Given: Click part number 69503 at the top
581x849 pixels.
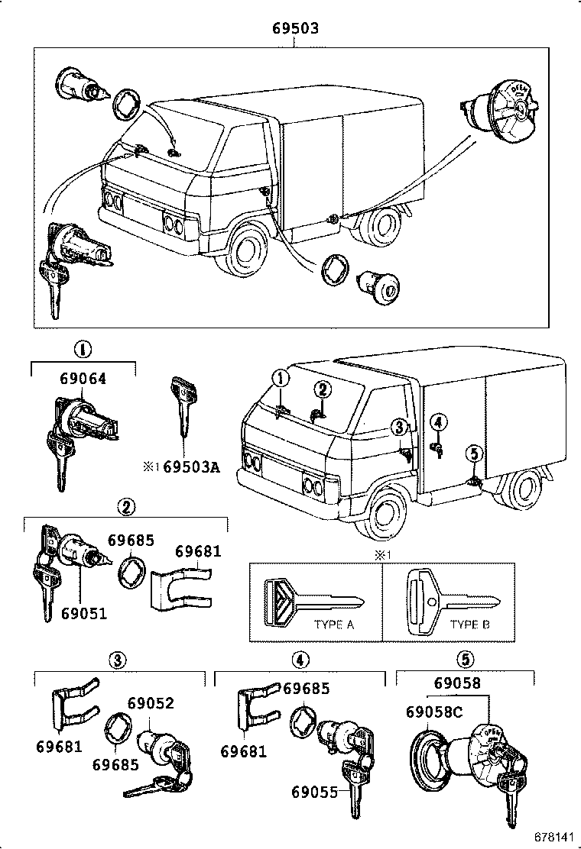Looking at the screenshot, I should coord(295,29).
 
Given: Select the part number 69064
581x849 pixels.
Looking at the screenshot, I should coord(83,378).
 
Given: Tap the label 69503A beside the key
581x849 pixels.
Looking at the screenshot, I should coord(191,466).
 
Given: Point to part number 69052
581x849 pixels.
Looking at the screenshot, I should coord(151,703).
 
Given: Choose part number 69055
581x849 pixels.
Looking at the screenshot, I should coord(314,792).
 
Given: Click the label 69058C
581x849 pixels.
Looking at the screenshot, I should coord(435,712).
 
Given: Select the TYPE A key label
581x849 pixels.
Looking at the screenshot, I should coord(334,624).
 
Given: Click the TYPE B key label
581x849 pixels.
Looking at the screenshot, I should coord(469,624).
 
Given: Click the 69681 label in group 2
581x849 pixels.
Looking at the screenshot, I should coord(198,551).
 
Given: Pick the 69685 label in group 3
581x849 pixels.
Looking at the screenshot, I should coord(115,764).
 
